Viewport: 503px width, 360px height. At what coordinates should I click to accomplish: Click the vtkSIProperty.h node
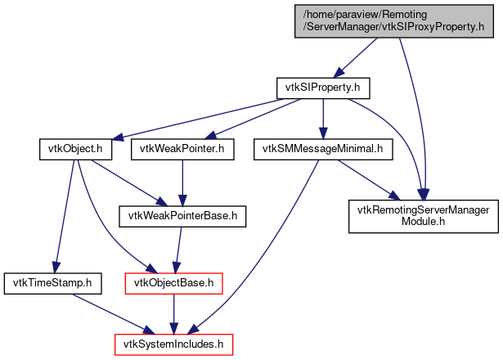tap(323, 87)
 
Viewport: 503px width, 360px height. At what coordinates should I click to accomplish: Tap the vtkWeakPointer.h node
tap(182, 150)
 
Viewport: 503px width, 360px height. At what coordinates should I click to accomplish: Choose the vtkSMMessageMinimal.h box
tap(324, 150)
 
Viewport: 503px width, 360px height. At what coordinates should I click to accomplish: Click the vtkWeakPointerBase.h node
tap(182, 217)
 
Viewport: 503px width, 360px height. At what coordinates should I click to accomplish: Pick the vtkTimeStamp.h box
tap(52, 284)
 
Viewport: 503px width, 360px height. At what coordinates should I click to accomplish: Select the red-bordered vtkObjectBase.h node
tap(173, 284)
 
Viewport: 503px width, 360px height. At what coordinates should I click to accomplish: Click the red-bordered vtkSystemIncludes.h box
tap(173, 344)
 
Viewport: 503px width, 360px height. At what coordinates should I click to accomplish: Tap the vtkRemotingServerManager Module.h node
tap(423, 217)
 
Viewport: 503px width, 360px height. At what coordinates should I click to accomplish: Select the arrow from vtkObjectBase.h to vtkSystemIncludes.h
tap(173, 314)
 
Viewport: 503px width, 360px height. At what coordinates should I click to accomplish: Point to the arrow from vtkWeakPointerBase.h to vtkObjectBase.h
tap(177, 250)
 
